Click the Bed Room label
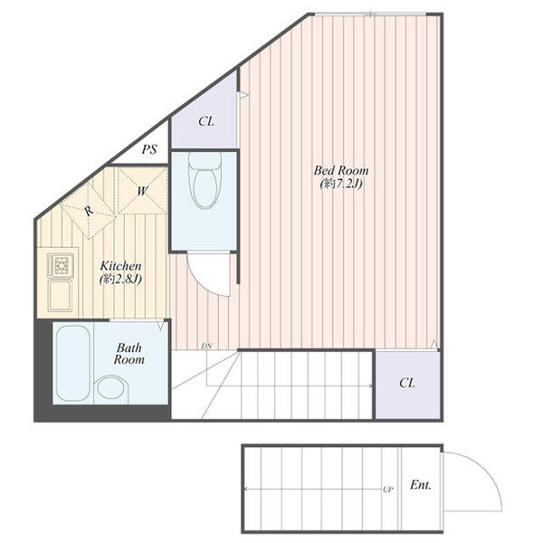click(341, 170)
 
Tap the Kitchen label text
click(120, 266)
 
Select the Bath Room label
click(129, 354)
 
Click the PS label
click(149, 149)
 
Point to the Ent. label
click(421, 485)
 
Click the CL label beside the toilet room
click(206, 121)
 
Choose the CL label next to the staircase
click(407, 383)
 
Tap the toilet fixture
click(205, 180)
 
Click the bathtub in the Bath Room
click(72, 363)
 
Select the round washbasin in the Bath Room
click(110, 387)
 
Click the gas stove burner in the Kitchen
click(61, 265)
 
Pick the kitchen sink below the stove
click(61, 296)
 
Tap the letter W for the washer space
click(143, 191)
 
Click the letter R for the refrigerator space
click(89, 211)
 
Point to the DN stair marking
click(206, 346)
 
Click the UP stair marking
click(388, 490)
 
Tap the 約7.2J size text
click(341, 184)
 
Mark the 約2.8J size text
click(120, 279)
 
